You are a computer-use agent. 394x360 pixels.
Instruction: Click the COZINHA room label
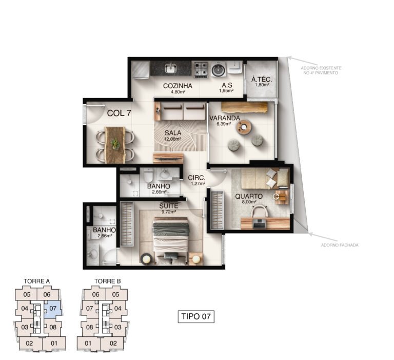pos(178,86)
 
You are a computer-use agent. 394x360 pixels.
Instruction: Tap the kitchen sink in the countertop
pos(171,68)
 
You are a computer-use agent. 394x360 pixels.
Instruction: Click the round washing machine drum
pos(218,70)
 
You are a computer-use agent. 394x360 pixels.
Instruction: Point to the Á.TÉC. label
pos(261,80)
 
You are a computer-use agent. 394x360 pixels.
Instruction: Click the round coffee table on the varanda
pos(244,127)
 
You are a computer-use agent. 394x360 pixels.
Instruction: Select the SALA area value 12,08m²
pos(172,139)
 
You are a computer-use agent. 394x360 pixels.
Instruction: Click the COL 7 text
pos(119,113)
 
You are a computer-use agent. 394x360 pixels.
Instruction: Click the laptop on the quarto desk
pos(259,223)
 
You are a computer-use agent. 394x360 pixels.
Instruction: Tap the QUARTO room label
pos(249,196)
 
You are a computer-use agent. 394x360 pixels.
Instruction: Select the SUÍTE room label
pos(169,205)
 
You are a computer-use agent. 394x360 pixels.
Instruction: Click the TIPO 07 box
pos(196,316)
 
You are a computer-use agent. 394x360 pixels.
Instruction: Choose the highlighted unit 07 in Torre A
pos(53,309)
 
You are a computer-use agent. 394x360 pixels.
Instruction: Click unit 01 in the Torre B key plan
pos(88,343)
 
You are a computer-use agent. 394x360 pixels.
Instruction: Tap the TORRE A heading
pos(37,281)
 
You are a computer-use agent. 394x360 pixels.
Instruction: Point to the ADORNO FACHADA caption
pos(340,245)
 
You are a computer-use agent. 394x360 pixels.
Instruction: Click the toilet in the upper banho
pos(148,175)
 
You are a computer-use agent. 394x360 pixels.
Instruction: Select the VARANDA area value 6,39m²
pos(224,124)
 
